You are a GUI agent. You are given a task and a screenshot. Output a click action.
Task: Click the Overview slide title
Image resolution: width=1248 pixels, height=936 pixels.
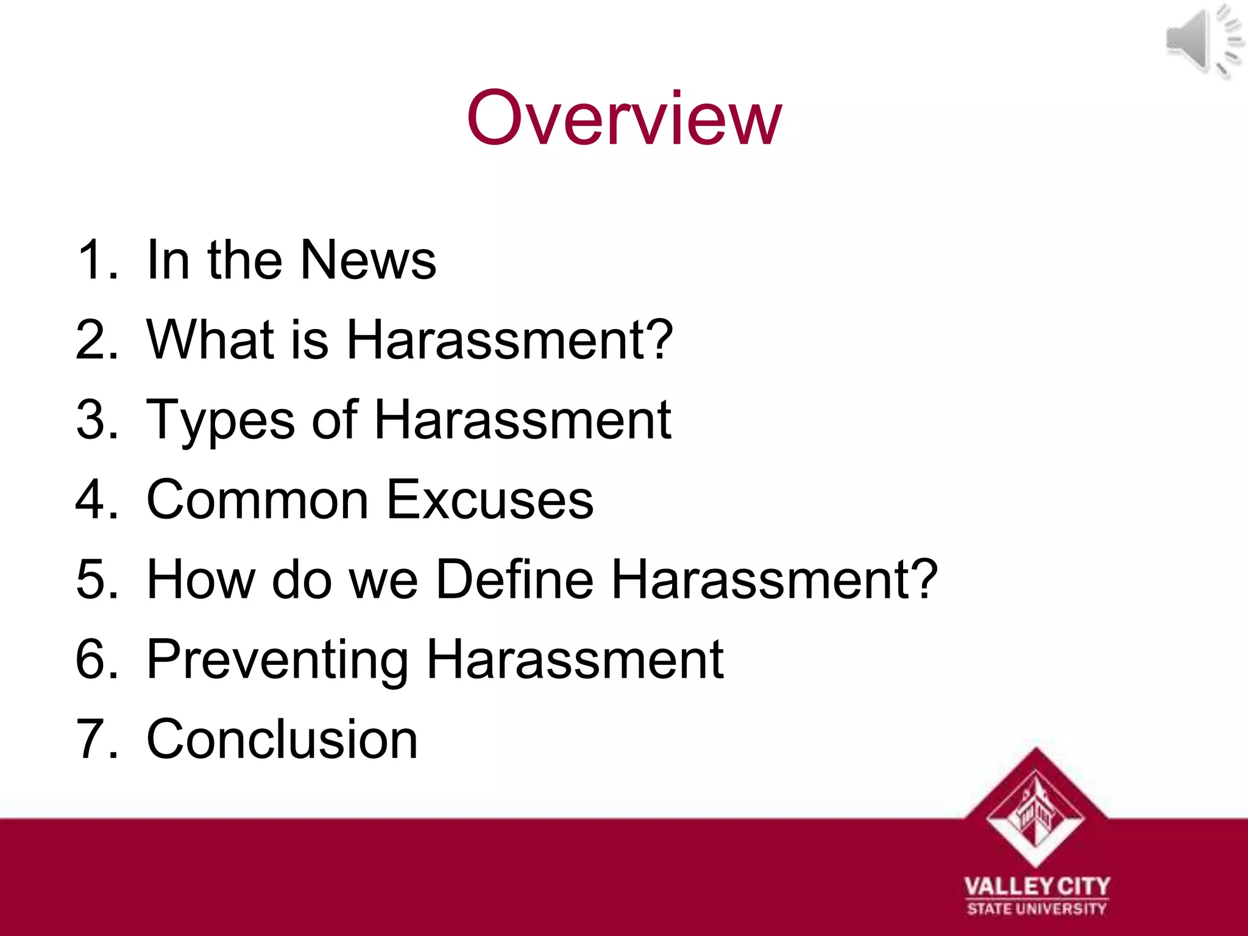click(623, 118)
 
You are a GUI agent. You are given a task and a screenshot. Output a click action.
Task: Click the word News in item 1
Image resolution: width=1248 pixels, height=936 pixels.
click(368, 260)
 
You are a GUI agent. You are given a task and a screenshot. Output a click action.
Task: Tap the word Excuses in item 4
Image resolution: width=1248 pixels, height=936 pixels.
click(490, 500)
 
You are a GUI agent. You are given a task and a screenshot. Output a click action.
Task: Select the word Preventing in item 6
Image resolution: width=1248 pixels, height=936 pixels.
click(277, 660)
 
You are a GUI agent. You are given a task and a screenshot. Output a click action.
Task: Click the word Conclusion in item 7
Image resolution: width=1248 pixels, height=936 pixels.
click(282, 739)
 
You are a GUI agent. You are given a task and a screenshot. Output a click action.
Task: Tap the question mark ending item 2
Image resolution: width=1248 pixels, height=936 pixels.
click(658, 339)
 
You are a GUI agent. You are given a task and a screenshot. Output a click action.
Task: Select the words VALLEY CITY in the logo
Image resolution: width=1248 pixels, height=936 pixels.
click(1037, 886)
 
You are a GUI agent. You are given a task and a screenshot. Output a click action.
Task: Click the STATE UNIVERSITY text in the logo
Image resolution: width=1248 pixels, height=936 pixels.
click(1037, 909)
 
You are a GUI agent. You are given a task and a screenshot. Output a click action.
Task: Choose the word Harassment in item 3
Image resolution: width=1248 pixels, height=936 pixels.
click(522, 420)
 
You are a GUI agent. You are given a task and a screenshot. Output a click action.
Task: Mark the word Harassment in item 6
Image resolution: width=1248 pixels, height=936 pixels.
click(575, 660)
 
